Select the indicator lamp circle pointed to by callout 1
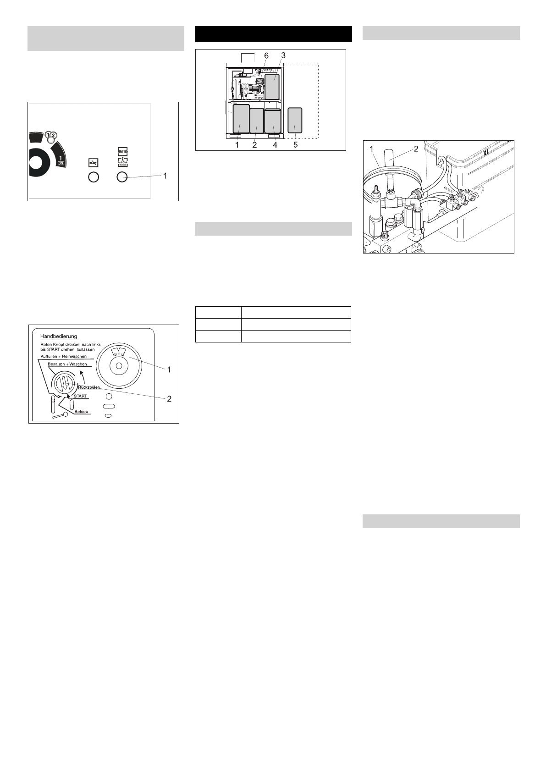[121, 177]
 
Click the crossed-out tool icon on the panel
[93, 162]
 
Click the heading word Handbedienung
[59, 336]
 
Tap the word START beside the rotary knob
[80, 396]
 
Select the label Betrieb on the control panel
[82, 411]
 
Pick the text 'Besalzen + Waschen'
[67, 364]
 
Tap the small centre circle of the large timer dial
[119, 366]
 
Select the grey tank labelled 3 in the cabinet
[275, 87]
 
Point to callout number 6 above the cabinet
[266, 55]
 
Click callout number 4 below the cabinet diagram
[275, 145]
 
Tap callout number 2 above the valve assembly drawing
[416, 149]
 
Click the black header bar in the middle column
[273, 34]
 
